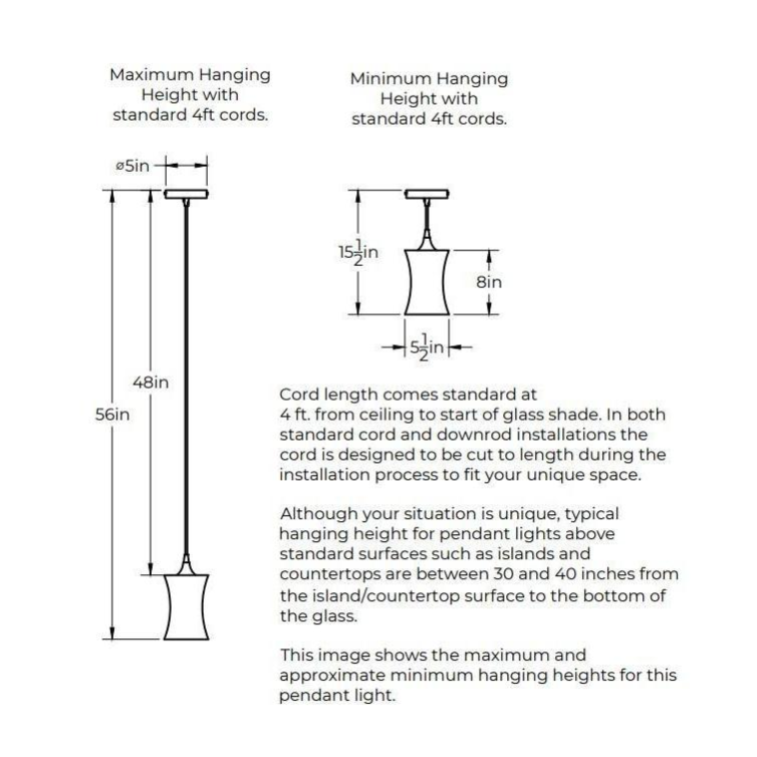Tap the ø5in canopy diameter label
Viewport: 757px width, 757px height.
coord(132,166)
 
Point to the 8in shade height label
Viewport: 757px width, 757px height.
coord(488,282)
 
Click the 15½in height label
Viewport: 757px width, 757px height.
coord(358,253)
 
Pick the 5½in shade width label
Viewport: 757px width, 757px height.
coord(426,349)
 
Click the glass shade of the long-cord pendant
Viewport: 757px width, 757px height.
coord(186,607)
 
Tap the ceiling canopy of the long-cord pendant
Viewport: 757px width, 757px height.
coord(187,193)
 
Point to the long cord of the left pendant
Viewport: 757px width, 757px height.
coord(187,379)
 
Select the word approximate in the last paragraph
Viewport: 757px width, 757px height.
coord(325,675)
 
